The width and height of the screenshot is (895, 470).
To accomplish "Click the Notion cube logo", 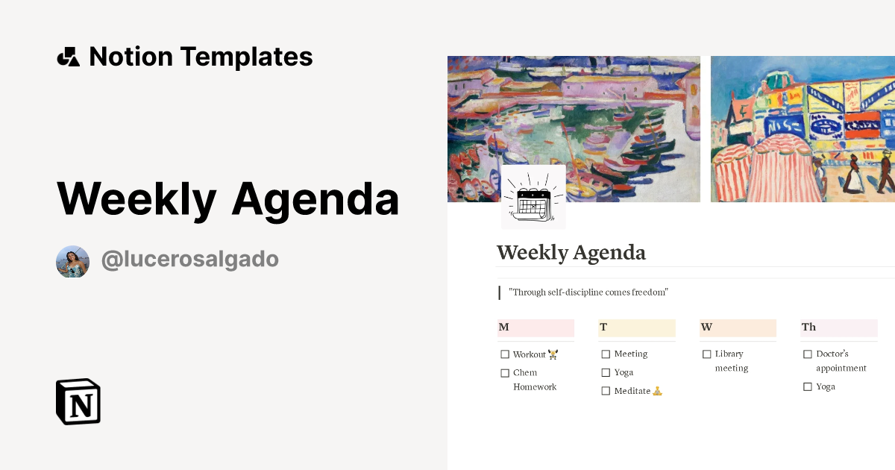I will coord(78,401).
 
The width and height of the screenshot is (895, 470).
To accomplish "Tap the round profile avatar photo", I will coord(72,261).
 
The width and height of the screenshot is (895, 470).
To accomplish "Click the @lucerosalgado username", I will coord(189,260).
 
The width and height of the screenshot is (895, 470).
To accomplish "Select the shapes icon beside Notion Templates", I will coord(68,57).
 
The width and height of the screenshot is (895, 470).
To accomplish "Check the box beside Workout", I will coord(505,354).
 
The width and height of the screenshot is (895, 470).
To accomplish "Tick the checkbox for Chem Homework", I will coord(505,373).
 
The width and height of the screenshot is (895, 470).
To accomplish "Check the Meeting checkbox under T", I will coord(606,354).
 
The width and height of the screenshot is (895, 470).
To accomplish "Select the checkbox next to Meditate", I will coord(606,391).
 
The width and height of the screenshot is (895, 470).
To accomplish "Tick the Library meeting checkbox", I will coord(707,354).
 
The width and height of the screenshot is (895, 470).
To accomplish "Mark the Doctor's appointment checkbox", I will coord(808,354).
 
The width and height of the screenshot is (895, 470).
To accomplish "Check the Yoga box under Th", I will coord(808,387).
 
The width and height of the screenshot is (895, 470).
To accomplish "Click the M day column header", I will coord(535,328).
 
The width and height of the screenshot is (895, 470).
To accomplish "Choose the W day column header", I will coord(737,328).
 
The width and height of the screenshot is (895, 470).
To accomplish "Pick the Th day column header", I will coord(838,328).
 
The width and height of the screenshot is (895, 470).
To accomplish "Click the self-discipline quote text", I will coord(588,292).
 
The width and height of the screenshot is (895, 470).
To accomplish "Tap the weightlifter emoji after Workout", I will coord(553,354).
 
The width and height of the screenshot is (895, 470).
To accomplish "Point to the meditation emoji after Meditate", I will coord(657,391).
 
